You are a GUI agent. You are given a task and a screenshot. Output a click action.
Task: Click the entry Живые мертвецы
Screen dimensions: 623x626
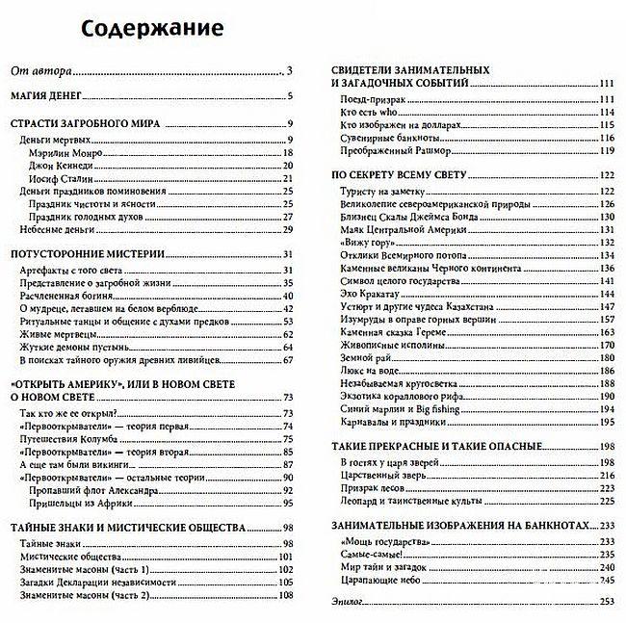coord(57,333)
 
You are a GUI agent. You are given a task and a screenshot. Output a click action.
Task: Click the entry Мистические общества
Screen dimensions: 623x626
coord(65,556)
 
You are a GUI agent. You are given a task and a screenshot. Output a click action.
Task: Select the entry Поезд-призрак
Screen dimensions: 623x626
coord(371,99)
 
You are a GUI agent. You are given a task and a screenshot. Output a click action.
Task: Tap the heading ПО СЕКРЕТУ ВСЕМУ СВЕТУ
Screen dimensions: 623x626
coord(399,175)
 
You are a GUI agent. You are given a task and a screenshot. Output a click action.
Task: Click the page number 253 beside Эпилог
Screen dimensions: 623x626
coord(606,602)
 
